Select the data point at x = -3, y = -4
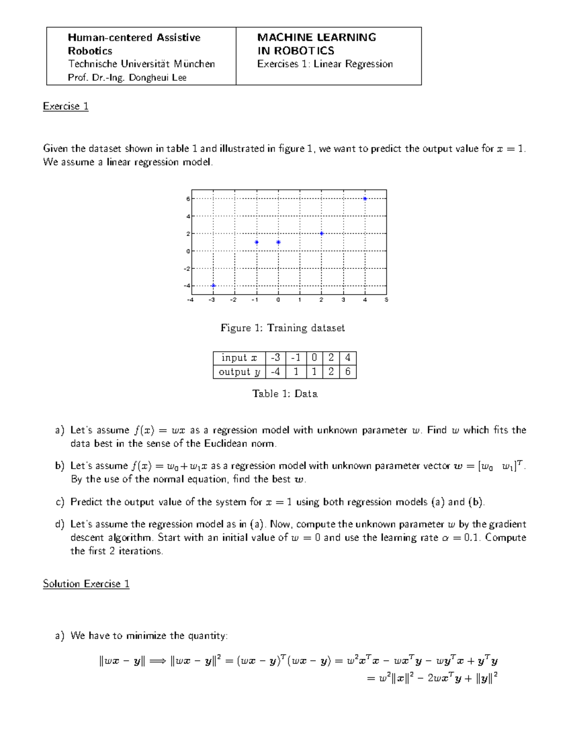pyautogui.click(x=214, y=286)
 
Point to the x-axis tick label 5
pyautogui.click(x=386, y=300)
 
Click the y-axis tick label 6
pyautogui.click(x=188, y=199)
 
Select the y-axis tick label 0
pyautogui.click(x=188, y=251)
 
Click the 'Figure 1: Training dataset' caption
pyautogui.click(x=283, y=328)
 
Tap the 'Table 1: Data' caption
pyautogui.click(x=285, y=394)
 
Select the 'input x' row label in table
pyautogui.click(x=239, y=358)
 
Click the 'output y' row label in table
pyautogui.click(x=239, y=372)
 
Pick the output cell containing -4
pyautogui.click(x=275, y=372)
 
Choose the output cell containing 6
pyautogui.click(x=348, y=372)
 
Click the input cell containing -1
pyautogui.click(x=295, y=358)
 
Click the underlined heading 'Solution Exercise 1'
pyautogui.click(x=86, y=584)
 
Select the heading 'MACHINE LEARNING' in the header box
pyautogui.click(x=316, y=37)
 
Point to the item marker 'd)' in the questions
pyautogui.click(x=59, y=524)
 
